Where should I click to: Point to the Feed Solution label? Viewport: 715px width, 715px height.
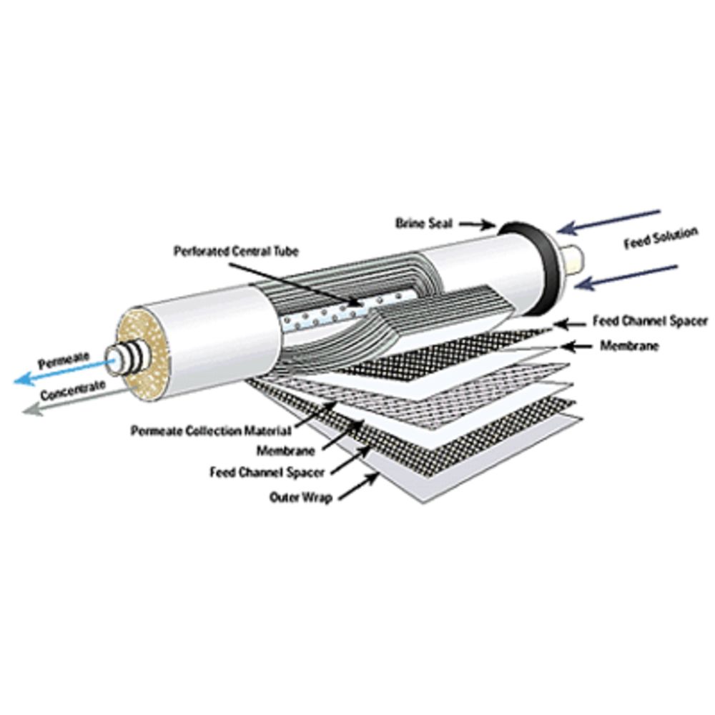pyautogui.click(x=660, y=239)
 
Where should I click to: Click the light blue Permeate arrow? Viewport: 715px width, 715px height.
pyautogui.click(x=64, y=370)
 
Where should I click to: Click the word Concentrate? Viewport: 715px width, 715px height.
pyautogui.click(x=73, y=390)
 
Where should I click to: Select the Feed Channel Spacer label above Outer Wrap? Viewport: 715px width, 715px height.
pyautogui.click(x=267, y=473)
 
